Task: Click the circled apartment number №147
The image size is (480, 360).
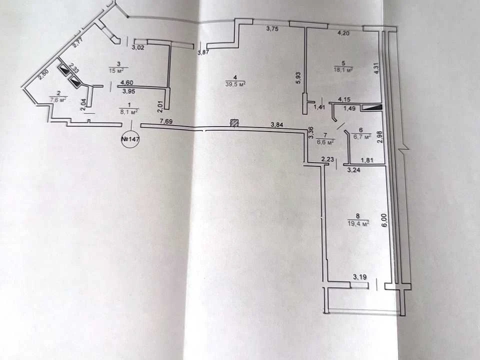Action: [x=130, y=139]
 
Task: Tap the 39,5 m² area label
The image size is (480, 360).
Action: [x=236, y=84]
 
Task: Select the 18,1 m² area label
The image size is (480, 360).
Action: [x=343, y=69]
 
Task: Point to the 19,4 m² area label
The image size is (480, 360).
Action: [x=358, y=223]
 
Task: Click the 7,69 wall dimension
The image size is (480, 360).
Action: [x=166, y=121]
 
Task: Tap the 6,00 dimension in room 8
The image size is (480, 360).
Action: [x=384, y=220]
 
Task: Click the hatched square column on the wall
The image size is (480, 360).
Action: [x=234, y=123]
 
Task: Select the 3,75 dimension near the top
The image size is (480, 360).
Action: [x=272, y=29]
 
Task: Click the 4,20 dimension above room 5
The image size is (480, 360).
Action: [x=343, y=33]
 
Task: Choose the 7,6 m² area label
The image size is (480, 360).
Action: [x=58, y=99]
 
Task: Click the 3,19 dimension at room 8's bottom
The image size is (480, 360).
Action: [x=359, y=277]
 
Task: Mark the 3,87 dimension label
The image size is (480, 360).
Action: [x=203, y=52]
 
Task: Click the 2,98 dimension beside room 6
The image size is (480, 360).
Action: [x=380, y=137]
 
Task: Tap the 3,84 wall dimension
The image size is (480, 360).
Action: [x=277, y=124]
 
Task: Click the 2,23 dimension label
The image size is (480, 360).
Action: [x=327, y=159]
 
